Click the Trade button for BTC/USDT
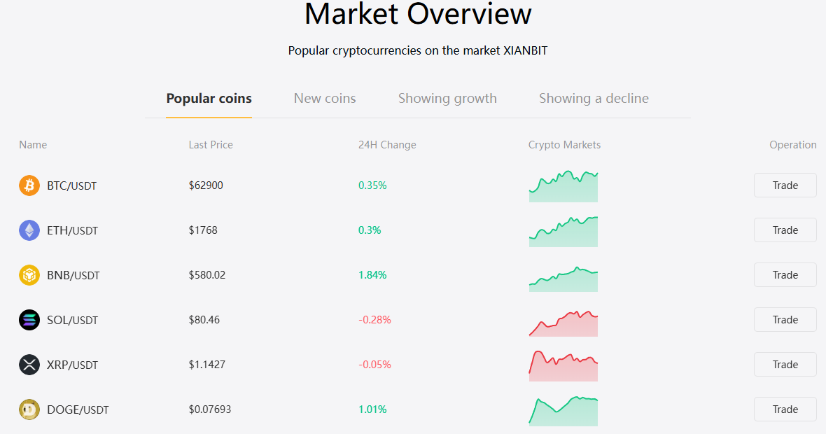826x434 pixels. point(785,185)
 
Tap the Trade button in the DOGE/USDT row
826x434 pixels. point(785,409)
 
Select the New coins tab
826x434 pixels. point(325,99)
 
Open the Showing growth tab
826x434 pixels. point(447,99)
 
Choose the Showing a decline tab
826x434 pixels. point(594,99)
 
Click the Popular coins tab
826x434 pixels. point(209,99)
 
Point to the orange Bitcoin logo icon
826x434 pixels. point(29,185)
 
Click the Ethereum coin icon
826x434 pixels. point(29,230)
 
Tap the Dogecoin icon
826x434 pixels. point(29,409)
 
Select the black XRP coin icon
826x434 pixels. point(29,365)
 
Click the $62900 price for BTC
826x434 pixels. point(206,185)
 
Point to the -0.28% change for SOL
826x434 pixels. point(374,320)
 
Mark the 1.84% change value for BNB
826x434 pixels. point(372,275)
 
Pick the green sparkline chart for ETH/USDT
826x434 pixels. point(563,232)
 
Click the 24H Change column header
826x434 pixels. point(387,145)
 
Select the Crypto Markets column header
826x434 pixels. point(564,145)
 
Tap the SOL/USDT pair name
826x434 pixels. point(72,320)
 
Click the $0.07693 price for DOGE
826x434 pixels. point(210,409)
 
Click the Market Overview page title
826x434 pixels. point(419,14)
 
